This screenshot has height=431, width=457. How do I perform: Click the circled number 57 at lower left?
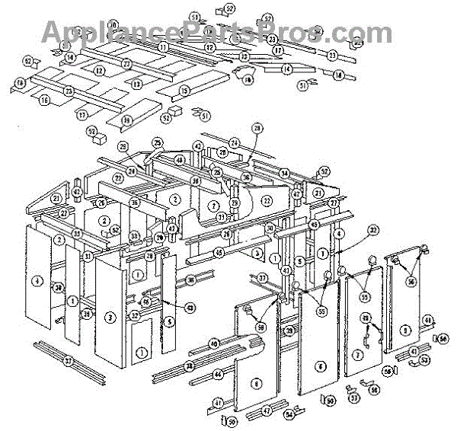point(68,359)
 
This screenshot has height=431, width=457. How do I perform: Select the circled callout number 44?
point(218,375)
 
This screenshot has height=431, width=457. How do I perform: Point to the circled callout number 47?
point(267,411)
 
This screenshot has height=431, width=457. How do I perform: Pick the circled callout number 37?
point(262,279)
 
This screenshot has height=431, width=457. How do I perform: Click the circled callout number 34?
point(284,174)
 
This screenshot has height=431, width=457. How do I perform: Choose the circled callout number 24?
point(235,142)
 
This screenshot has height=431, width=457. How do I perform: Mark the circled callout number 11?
point(163,47)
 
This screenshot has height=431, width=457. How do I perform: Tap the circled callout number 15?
point(184,91)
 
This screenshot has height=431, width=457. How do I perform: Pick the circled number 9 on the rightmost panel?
point(405,330)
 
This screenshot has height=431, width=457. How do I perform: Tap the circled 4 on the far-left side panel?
point(37,281)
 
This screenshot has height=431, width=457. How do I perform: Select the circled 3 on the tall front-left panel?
point(111,317)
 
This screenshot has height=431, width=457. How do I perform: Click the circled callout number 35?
point(77,233)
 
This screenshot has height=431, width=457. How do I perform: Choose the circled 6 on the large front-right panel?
point(321,366)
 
